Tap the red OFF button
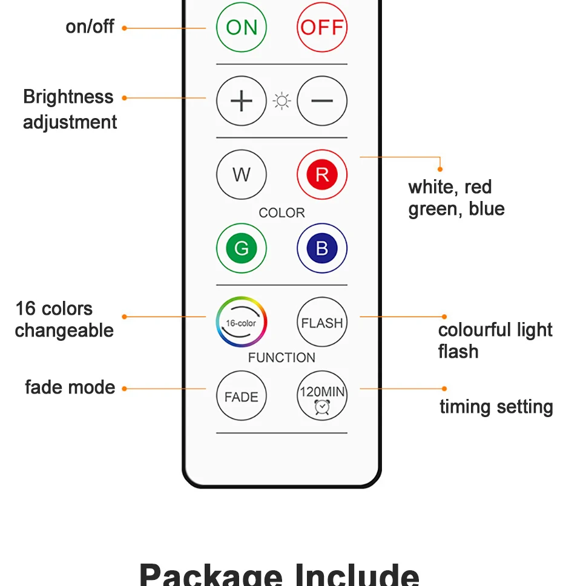(321, 27)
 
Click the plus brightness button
(241, 101)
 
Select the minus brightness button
(321, 101)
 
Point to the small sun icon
(281, 101)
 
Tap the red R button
(321, 175)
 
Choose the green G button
(241, 248)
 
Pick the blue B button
(321, 248)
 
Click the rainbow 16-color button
(241, 322)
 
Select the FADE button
(241, 397)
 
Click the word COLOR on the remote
(281, 213)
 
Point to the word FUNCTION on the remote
(281, 358)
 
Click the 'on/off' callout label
(90, 27)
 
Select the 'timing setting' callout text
(496, 407)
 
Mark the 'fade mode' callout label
(70, 387)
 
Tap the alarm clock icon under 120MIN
(321, 407)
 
